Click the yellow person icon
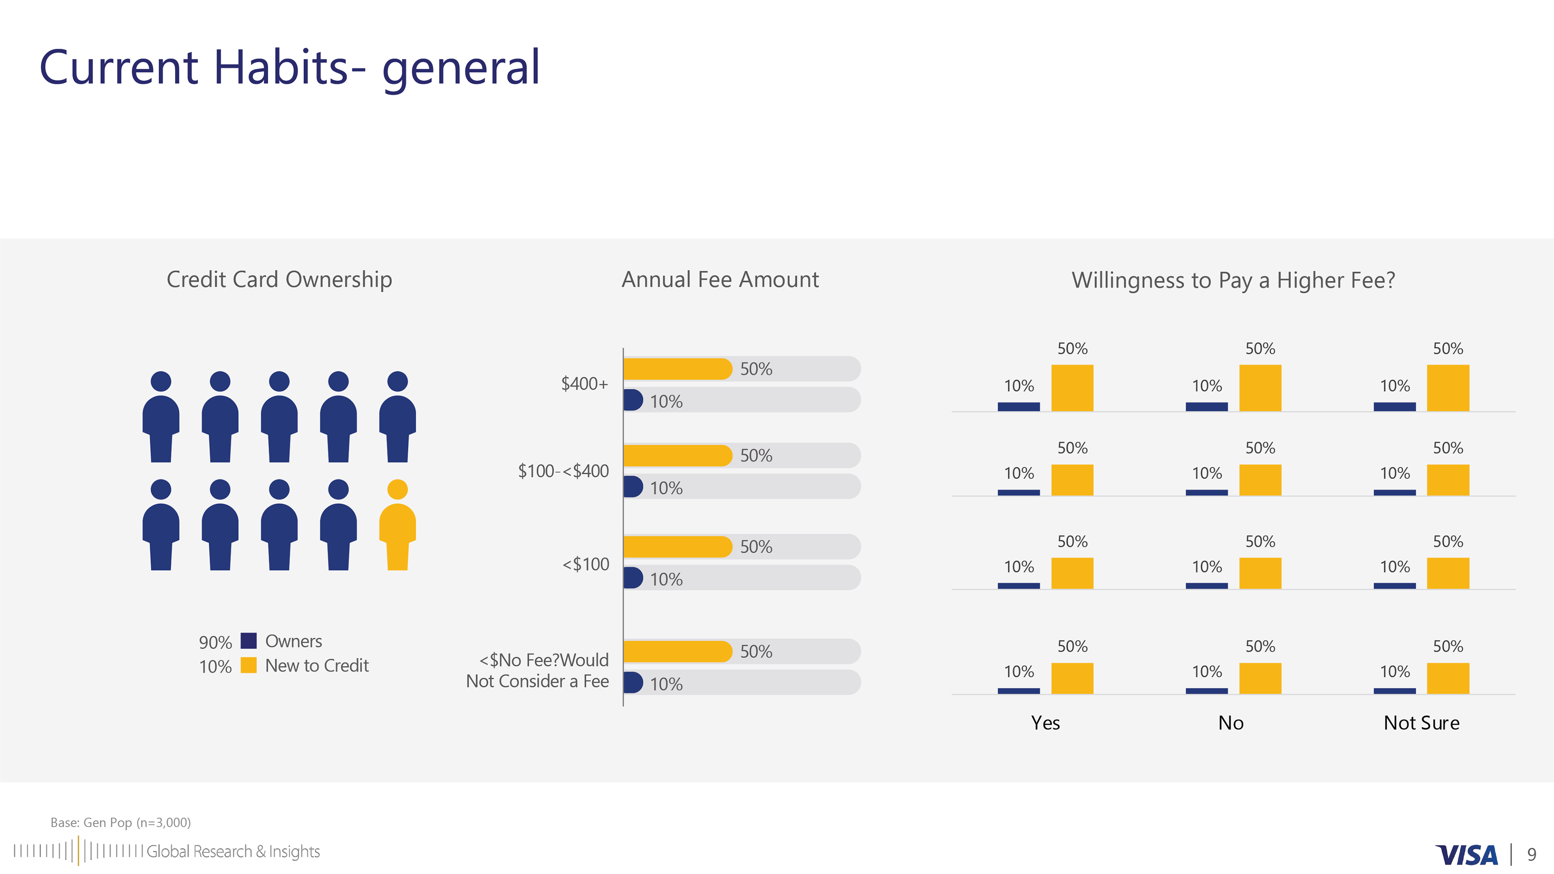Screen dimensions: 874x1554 [397, 525]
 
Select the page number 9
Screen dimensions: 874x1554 [1531, 855]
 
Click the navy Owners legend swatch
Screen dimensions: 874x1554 [248, 641]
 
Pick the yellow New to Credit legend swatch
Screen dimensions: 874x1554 [248, 665]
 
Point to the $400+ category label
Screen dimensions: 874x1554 [584, 384]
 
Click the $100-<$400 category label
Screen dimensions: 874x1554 [563, 471]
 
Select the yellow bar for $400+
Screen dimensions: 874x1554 [677, 369]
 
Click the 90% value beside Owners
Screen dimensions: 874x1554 [215, 643]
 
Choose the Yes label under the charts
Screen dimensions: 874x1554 [1045, 723]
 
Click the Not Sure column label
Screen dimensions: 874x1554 [1421, 723]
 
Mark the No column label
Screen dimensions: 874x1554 [1231, 723]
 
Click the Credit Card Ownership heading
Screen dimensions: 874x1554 [279, 280]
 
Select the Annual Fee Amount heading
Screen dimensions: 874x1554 [720, 280]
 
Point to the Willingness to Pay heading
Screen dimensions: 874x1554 [1233, 280]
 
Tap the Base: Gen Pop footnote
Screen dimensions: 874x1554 [121, 822]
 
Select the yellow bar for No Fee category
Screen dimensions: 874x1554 [677, 651]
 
